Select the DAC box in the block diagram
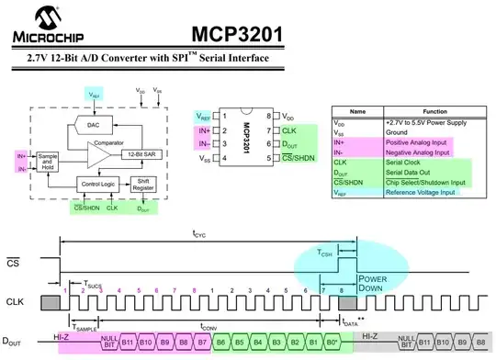tap(94, 124)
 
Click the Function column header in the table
tap(434, 108)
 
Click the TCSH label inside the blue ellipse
tap(325, 253)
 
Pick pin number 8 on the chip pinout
tap(268, 118)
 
